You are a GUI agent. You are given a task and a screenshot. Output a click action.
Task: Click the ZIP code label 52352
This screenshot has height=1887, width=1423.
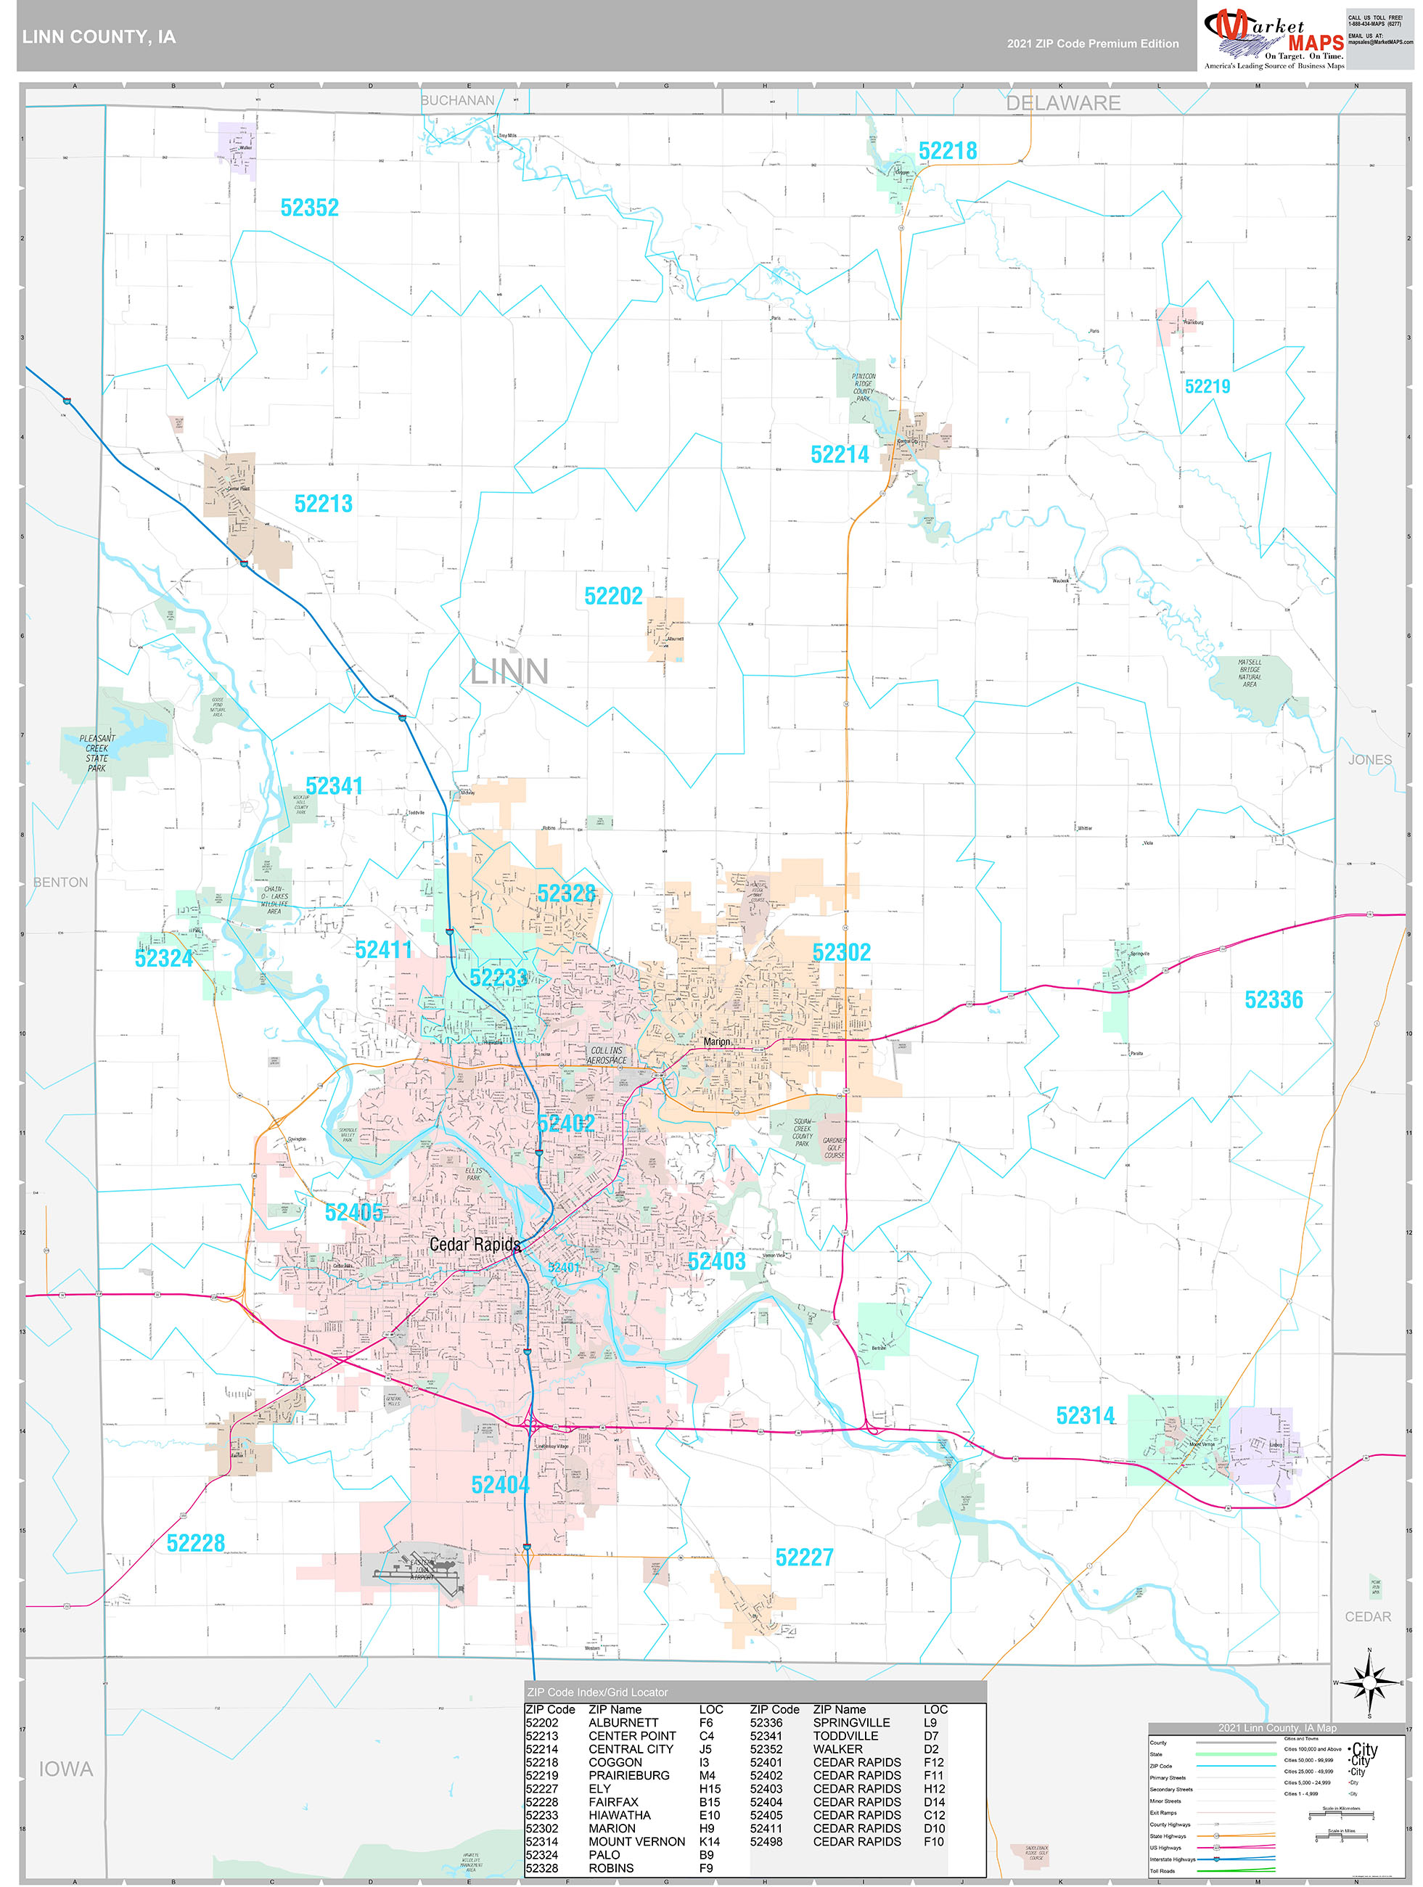click(x=309, y=208)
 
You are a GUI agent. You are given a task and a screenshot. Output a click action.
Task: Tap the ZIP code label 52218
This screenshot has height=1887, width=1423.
click(x=947, y=151)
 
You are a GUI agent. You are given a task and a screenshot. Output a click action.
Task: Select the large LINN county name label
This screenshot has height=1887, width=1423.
click(x=509, y=671)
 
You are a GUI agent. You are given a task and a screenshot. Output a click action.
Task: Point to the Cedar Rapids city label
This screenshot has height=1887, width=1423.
click(x=475, y=1244)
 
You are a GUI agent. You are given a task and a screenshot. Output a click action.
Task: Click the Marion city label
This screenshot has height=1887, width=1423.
click(x=717, y=1041)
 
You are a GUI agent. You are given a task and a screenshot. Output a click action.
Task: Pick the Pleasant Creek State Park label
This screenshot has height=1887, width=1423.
click(x=97, y=753)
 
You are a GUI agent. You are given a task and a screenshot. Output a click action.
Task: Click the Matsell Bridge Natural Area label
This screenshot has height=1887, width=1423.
click(x=1249, y=673)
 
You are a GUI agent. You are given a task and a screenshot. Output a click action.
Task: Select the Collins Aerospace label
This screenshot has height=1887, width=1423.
click(x=607, y=1055)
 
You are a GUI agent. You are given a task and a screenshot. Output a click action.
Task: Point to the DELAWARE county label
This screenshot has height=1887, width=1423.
click(x=1062, y=103)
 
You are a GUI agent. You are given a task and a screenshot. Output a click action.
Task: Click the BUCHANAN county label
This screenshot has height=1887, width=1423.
click(x=457, y=101)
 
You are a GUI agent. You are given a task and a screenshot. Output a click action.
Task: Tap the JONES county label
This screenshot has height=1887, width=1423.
click(x=1369, y=759)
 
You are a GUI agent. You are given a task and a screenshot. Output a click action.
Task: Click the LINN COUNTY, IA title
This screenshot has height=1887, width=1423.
click(x=99, y=37)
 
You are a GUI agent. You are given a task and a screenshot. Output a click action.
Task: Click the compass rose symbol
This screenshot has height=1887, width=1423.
click(x=1369, y=1683)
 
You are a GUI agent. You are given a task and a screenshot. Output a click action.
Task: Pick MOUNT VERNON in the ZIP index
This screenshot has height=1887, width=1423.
click(x=636, y=1841)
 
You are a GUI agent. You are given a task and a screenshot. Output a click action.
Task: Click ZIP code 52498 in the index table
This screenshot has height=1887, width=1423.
click(x=766, y=1841)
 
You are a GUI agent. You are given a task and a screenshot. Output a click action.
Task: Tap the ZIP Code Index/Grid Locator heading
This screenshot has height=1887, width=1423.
click(x=597, y=1692)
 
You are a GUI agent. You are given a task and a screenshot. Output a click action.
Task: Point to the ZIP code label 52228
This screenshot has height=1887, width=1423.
click(x=195, y=1542)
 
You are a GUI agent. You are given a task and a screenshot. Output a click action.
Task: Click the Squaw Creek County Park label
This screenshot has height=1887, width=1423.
click(x=802, y=1132)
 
